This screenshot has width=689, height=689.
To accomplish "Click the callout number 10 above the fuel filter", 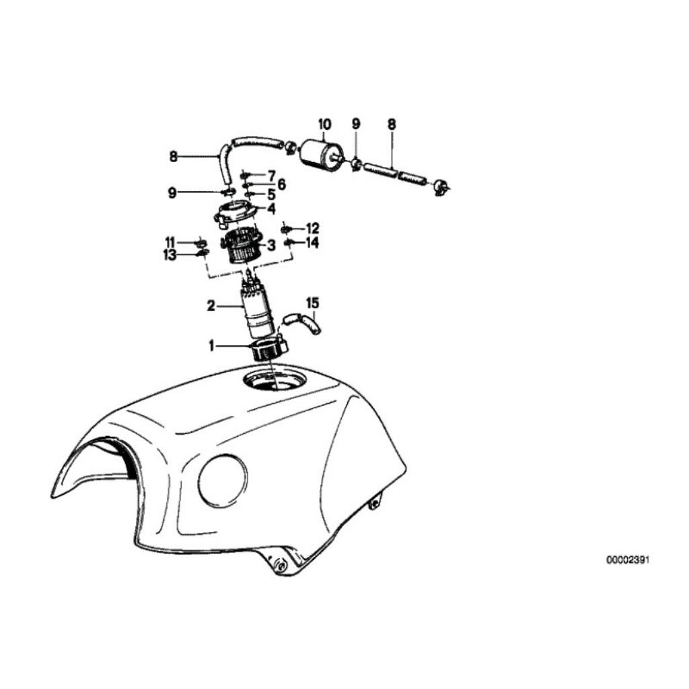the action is click(x=324, y=124).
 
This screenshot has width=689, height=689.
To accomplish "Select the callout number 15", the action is click(x=312, y=303).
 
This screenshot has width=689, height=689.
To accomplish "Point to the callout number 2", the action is click(x=211, y=306).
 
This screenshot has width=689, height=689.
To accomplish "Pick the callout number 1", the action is click(x=211, y=347).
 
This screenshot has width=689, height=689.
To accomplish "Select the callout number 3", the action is click(x=271, y=245).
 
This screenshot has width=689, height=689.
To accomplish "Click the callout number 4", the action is click(x=272, y=209).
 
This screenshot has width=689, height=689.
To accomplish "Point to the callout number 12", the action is click(x=312, y=229).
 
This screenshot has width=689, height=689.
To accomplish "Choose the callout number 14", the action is click(x=312, y=242).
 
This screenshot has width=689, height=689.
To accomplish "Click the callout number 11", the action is click(x=170, y=242).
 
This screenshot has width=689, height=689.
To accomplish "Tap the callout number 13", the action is click(x=170, y=255).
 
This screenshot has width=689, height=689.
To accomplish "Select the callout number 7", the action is click(x=271, y=176).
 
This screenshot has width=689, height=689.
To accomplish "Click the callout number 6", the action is click(x=281, y=184).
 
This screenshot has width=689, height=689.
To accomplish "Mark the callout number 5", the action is click(x=271, y=194).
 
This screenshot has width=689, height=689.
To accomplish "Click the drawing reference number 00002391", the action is click(x=628, y=560).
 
